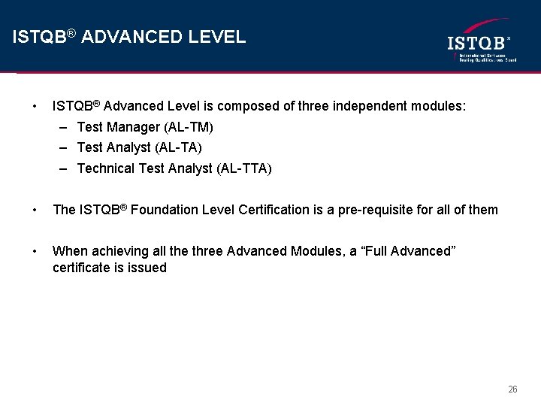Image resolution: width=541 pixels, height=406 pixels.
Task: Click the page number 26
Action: [x=512, y=389]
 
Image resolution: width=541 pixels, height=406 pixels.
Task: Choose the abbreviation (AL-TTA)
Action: [x=244, y=168]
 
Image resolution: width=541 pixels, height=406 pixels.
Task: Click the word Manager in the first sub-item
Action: [x=133, y=127]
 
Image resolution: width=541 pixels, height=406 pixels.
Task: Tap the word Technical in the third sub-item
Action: [x=107, y=168]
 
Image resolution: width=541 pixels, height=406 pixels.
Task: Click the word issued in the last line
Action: [x=148, y=268]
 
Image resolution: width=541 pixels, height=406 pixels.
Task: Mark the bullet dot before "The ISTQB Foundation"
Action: [x=35, y=210]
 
